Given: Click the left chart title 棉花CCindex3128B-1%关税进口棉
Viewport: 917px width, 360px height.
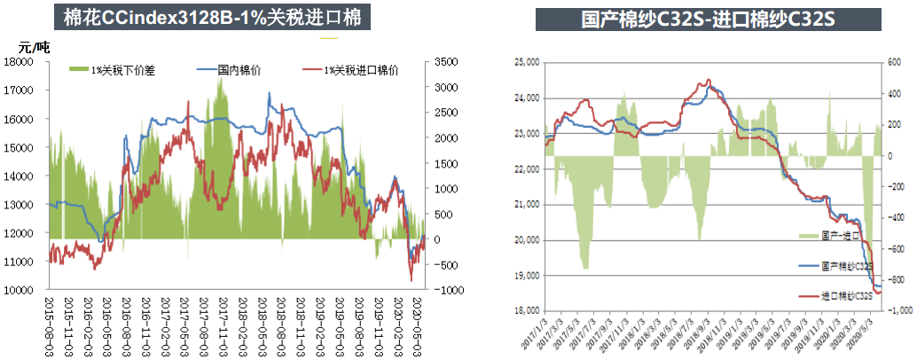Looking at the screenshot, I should point(214,17).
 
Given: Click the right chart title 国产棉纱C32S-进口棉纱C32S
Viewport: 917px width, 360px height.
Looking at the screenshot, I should point(708,19).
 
